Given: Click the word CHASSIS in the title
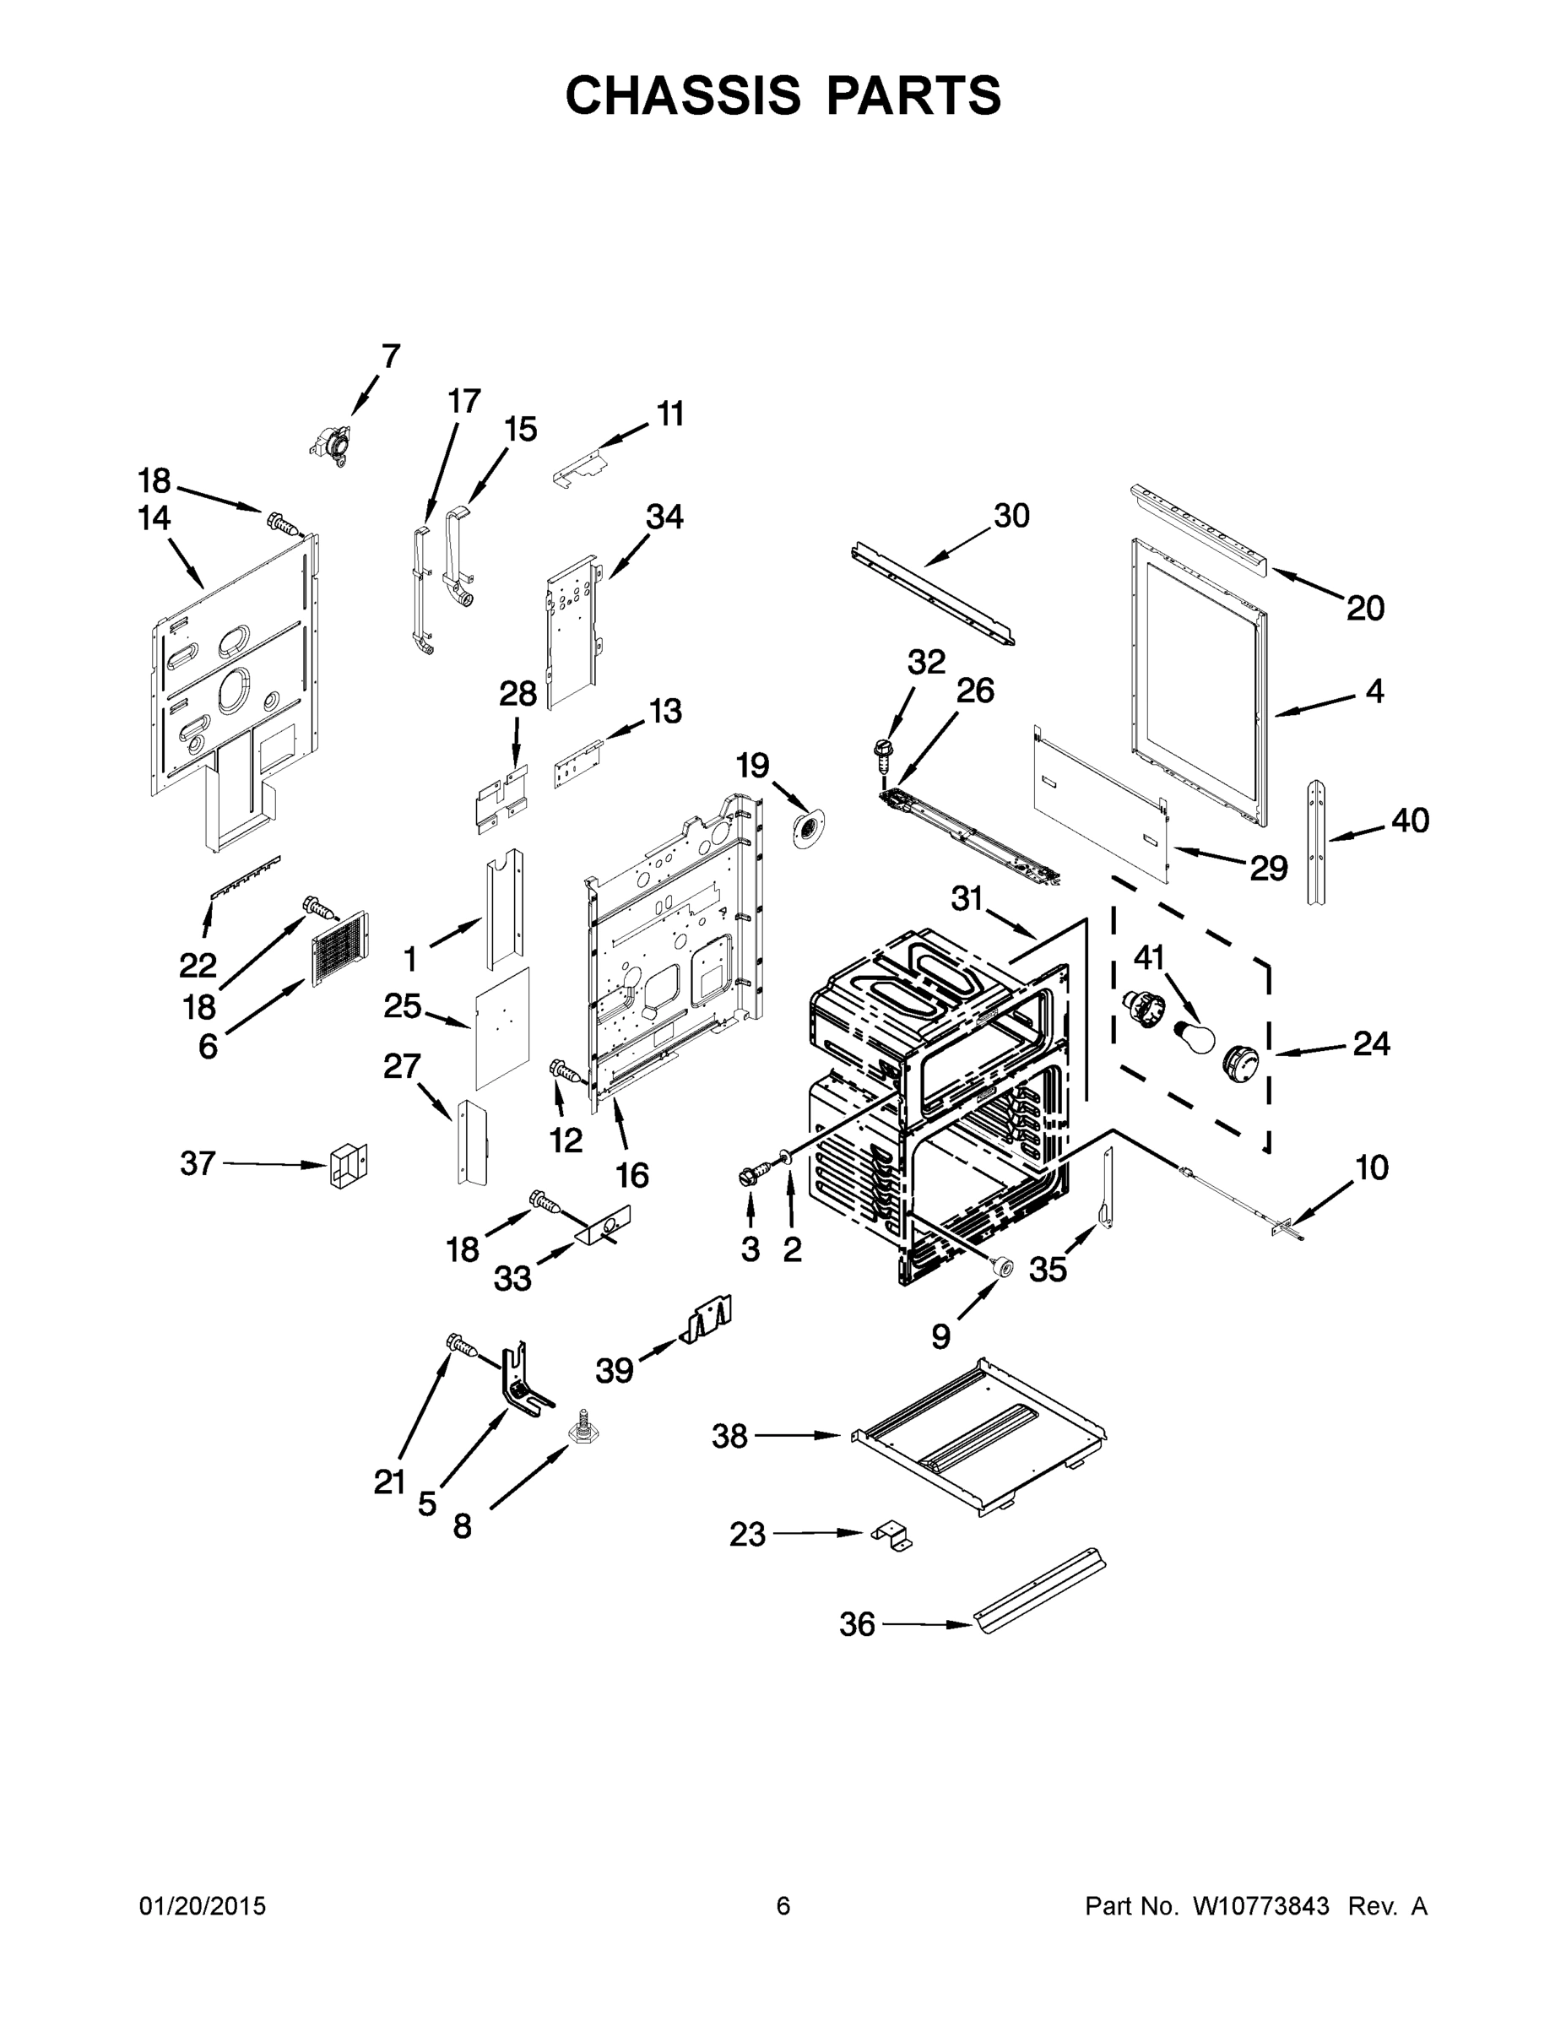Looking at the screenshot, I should [x=682, y=95].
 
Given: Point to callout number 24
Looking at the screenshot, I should [x=1371, y=1043].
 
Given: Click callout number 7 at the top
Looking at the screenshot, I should [x=391, y=355].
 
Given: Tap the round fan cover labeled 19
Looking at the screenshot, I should [x=808, y=826].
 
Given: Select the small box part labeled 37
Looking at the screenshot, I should [x=347, y=1166].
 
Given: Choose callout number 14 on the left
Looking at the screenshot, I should [x=154, y=518].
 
